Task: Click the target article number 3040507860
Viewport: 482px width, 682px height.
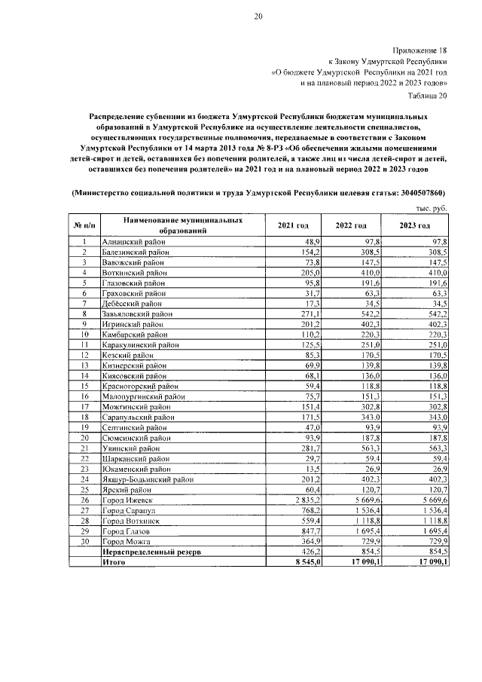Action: click(408, 193)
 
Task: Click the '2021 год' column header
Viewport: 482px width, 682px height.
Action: click(293, 225)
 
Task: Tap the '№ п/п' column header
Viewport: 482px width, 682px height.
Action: click(84, 225)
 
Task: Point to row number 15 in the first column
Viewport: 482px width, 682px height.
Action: click(85, 384)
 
